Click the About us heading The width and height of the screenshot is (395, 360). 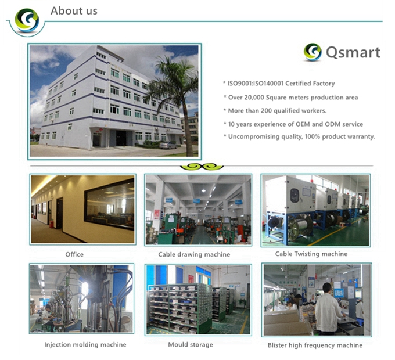[74, 11]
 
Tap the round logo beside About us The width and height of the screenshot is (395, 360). [27, 20]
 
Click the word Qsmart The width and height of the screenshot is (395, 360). [353, 53]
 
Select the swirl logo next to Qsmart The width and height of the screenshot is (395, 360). [313, 52]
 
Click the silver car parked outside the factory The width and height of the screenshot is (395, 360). [168, 145]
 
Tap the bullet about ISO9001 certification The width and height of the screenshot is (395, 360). [279, 84]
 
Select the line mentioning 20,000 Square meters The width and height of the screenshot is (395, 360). [290, 98]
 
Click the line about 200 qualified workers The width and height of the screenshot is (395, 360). [275, 111]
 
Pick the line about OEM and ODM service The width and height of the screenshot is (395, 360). [293, 124]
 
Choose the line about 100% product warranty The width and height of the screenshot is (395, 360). [299, 136]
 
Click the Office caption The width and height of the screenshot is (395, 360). [74, 254]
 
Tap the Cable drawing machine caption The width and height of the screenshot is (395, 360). [194, 254]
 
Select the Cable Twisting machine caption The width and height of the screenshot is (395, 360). [311, 254]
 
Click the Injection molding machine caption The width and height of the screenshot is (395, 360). [85, 345]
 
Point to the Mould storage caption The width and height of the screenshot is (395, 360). [191, 345]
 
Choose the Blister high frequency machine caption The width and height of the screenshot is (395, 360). [315, 345]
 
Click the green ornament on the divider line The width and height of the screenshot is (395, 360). [202, 167]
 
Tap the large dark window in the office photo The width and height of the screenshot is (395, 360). [109, 204]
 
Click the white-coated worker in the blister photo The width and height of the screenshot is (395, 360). [328, 309]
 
